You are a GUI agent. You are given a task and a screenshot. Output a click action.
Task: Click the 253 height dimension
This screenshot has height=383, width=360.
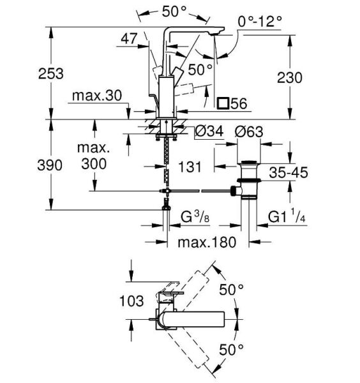[x=51, y=73]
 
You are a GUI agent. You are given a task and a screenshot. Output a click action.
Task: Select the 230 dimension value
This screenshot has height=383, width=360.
[x=290, y=78]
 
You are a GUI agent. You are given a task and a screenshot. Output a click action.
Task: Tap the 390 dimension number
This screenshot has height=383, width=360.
[x=50, y=165]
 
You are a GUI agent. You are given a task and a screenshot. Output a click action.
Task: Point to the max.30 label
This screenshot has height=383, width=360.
[x=97, y=96]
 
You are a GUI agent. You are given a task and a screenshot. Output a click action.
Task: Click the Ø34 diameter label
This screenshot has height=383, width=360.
[x=209, y=131]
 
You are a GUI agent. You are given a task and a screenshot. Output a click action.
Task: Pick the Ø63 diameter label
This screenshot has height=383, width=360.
[x=249, y=132]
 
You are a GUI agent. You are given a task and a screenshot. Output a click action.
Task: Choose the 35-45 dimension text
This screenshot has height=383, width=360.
[x=289, y=172]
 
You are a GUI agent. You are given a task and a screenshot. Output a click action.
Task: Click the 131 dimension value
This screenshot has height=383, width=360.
[x=190, y=167]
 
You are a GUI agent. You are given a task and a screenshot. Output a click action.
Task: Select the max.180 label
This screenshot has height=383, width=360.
[x=207, y=243]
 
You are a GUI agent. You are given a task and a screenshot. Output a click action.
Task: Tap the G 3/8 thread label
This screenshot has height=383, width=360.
[x=195, y=216]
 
